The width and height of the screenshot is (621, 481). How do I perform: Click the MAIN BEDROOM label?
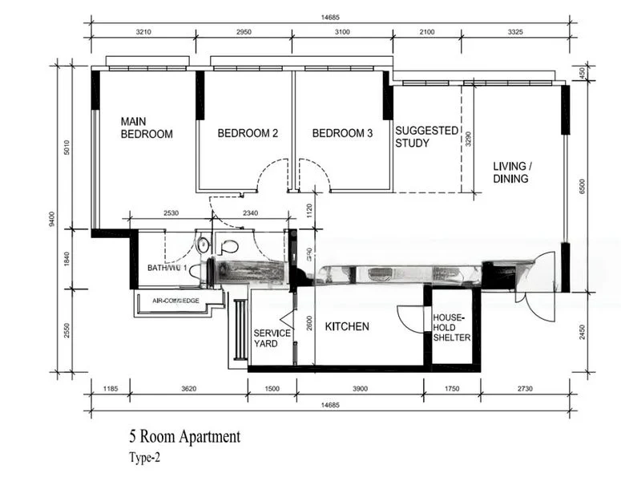coord(147,127)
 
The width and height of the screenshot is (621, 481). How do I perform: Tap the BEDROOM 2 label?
coord(248,133)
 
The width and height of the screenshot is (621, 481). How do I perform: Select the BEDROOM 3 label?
coord(342,133)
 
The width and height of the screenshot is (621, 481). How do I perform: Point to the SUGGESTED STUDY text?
coord(426,136)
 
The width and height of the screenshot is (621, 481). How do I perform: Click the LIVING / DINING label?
coord(511,172)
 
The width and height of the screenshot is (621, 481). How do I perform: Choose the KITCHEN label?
coord(347,326)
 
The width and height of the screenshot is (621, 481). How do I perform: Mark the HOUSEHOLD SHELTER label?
coord(452,327)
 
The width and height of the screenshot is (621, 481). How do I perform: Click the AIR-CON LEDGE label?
coord(176,301)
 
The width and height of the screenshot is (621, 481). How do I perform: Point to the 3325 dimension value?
coord(521,32)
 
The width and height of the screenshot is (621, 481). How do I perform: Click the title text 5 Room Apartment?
coord(184,437)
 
